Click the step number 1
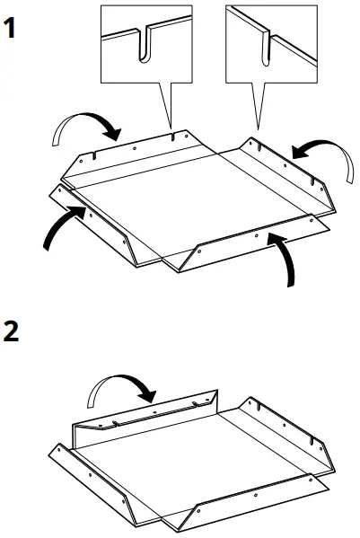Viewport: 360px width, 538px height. tap(11, 28)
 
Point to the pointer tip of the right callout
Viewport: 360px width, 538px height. tap(258, 126)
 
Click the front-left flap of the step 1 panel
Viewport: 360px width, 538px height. tap(99, 229)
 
